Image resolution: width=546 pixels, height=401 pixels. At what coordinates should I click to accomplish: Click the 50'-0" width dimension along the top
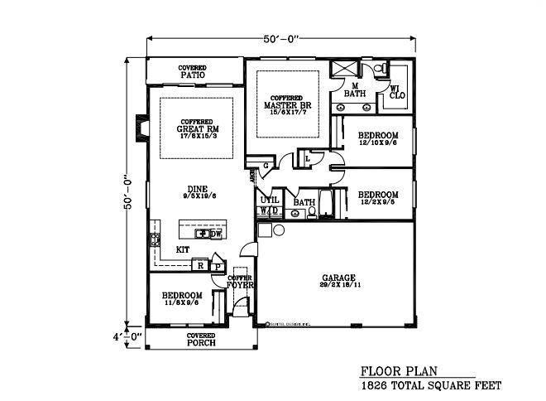click(x=280, y=38)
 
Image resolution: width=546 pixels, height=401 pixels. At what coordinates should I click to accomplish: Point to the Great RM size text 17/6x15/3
click(x=196, y=137)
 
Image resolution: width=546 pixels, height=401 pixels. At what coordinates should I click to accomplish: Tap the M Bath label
click(x=354, y=89)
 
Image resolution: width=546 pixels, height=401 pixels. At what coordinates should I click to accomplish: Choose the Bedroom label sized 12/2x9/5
click(x=378, y=197)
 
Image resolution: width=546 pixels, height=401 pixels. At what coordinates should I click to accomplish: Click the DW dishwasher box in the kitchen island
click(x=215, y=234)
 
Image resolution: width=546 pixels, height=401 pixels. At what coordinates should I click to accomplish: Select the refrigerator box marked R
click(x=199, y=265)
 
